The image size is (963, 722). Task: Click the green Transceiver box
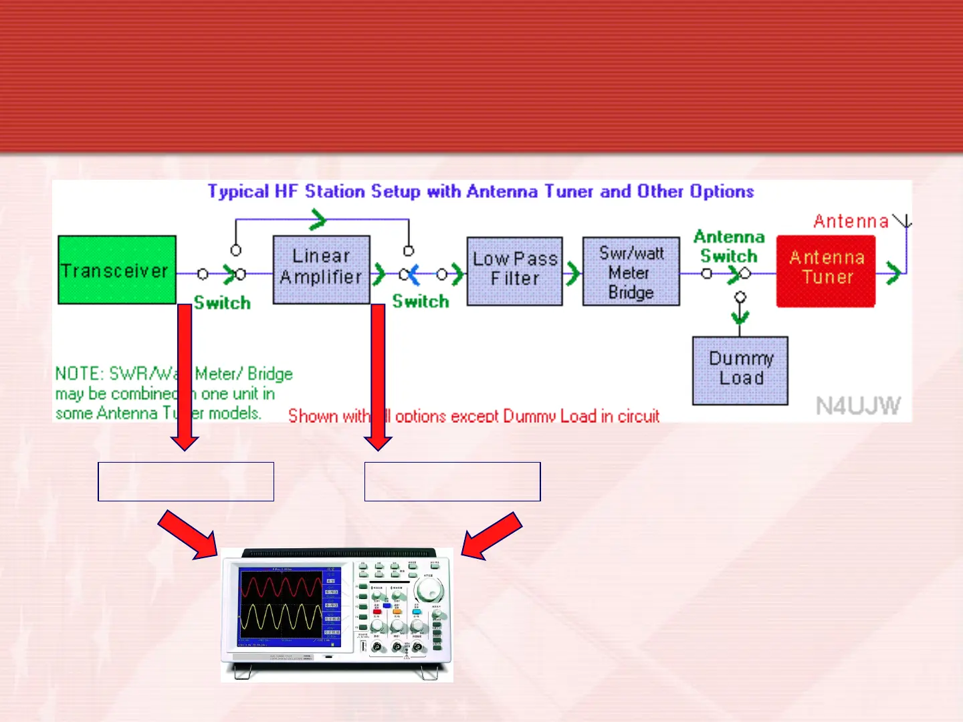pos(117,270)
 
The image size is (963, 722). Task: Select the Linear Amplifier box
pos(321,269)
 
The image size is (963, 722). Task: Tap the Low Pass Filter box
pos(514,271)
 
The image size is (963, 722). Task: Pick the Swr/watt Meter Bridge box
pos(631,271)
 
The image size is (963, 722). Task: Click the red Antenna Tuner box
pos(826,271)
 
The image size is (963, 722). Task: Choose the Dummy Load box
pos(740,370)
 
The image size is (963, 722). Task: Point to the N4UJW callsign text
pos(858,406)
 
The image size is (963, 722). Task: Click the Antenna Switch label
pos(729,246)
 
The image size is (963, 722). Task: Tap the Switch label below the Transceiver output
pos(222,303)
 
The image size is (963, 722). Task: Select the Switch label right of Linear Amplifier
pos(421,302)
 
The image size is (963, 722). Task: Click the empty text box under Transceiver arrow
pos(186,481)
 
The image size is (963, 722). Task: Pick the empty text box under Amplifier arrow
pos(452,481)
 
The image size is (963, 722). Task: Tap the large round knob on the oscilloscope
pos(428,590)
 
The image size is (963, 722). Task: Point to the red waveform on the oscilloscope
pos(281,588)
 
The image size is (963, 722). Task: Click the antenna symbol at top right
pos(905,221)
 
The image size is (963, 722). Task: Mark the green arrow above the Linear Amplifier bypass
pos(318,218)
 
